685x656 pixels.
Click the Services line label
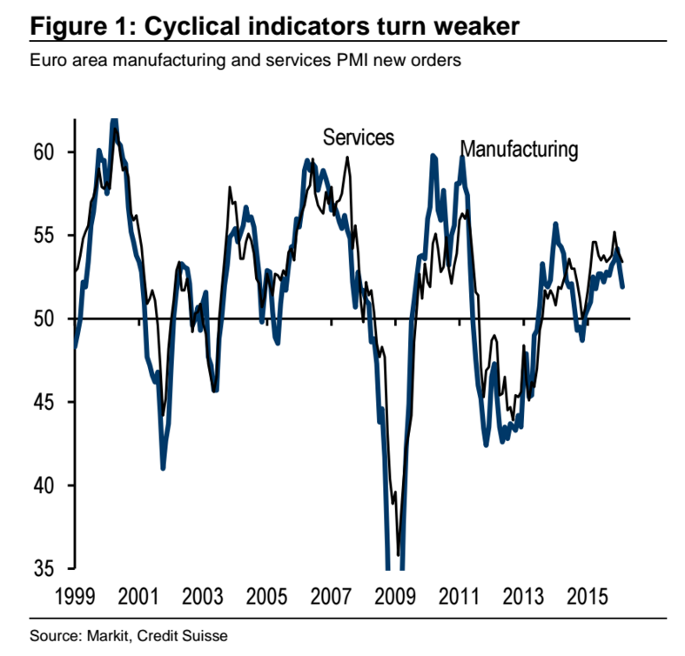(359, 137)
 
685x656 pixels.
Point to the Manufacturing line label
(519, 149)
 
